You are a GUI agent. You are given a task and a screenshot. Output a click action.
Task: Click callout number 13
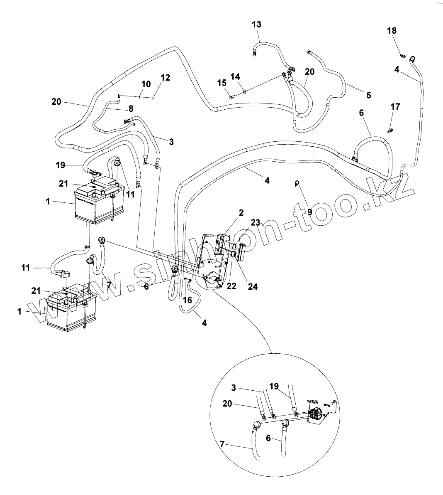pos(256,25)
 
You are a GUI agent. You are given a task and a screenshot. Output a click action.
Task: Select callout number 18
pos(392,31)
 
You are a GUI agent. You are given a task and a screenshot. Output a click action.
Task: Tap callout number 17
pos(395,107)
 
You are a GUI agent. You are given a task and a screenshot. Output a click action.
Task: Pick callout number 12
pos(165,77)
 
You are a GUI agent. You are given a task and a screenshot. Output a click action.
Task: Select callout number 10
pos(146,84)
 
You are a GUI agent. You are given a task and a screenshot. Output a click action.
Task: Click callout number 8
pos(131,109)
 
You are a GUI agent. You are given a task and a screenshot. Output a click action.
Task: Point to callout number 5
pos(368,95)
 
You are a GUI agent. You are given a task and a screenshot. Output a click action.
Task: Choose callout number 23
pos(256,222)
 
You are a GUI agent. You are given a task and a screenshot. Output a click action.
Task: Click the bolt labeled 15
pos(231,97)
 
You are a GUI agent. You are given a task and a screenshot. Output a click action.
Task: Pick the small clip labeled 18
pos(402,55)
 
